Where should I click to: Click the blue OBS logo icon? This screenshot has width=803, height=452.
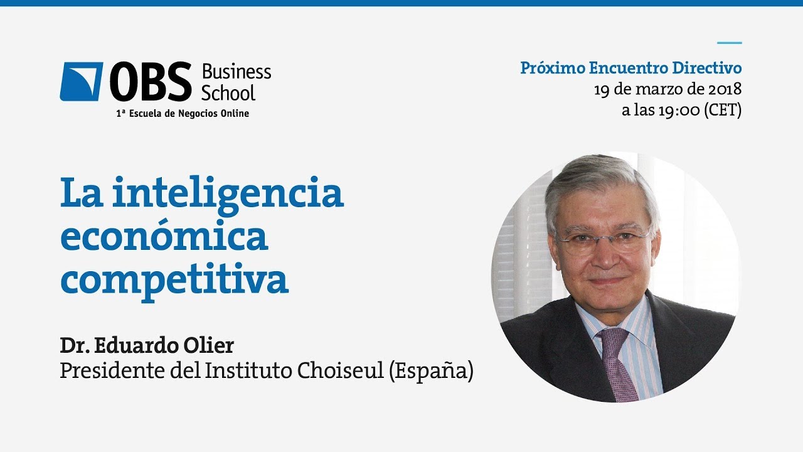pyautogui.click(x=81, y=82)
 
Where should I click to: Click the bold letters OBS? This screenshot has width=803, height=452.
pyautogui.click(x=151, y=82)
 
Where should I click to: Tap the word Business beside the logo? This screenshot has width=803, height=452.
pyautogui.click(x=236, y=72)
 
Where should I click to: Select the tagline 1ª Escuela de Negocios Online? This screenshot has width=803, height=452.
pyautogui.click(x=183, y=114)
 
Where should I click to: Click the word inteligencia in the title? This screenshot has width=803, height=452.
pyautogui.click(x=228, y=194)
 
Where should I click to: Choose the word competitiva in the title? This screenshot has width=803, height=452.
pyautogui.click(x=174, y=280)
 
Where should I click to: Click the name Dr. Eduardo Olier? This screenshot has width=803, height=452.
pyautogui.click(x=147, y=346)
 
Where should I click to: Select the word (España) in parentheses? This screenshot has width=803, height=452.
pyautogui.click(x=431, y=371)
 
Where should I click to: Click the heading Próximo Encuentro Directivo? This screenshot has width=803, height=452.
pyautogui.click(x=630, y=68)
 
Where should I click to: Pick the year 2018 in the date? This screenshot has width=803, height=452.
pyautogui.click(x=724, y=89)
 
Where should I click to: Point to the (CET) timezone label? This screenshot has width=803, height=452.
pyautogui.click(x=723, y=110)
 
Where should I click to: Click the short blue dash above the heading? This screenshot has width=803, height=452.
pyautogui.click(x=729, y=43)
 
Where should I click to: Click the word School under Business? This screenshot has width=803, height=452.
pyautogui.click(x=228, y=94)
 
